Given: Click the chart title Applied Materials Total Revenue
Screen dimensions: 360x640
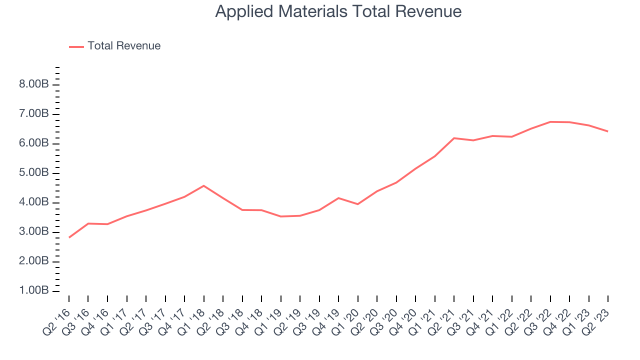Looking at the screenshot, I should click(338, 11).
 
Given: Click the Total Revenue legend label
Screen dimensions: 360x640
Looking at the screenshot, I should click(124, 46).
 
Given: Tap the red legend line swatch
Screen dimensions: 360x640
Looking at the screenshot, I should click(76, 46).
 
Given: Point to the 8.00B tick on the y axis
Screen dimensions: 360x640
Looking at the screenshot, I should click(33, 84).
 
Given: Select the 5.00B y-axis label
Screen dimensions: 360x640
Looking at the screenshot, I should click(33, 173).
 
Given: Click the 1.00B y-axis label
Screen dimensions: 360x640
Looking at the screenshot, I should click(33, 291).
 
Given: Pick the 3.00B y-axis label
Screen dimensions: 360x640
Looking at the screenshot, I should click(33, 232).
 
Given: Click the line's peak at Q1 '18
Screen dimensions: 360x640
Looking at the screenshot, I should click(203, 185).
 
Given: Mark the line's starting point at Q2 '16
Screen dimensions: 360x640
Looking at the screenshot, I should click(69, 237).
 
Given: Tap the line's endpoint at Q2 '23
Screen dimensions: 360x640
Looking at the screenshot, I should click(608, 131).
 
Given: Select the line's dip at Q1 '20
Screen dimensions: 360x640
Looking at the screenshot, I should click(357, 204).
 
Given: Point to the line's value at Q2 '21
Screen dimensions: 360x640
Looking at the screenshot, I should click(454, 138).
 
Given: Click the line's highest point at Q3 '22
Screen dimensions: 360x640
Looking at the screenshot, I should click(550, 121).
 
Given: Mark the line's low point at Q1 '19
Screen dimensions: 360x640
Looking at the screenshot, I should click(280, 216).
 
